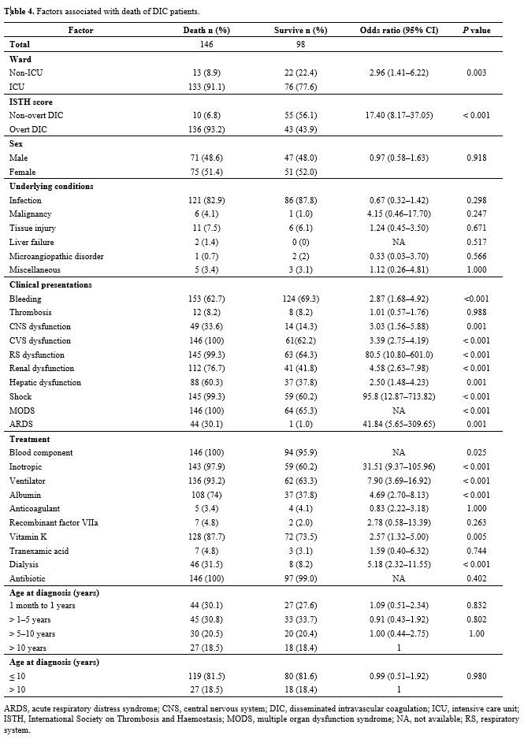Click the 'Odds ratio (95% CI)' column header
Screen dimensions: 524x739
pyautogui.click(x=399, y=30)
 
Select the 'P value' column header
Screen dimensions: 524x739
pyautogui.click(x=476, y=30)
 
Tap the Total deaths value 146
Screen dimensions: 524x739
pyautogui.click(x=206, y=44)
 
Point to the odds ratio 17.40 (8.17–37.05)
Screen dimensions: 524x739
pyautogui.click(x=399, y=115)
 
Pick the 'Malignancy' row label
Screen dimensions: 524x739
pyautogui.click(x=30, y=214)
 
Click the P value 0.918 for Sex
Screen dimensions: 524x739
pyautogui.click(x=477, y=158)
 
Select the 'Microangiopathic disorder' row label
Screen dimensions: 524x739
pyautogui.click(x=57, y=256)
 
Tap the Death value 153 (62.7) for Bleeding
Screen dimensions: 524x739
pyautogui.click(x=206, y=299)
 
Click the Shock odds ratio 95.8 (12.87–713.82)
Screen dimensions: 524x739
pyautogui.click(x=399, y=397)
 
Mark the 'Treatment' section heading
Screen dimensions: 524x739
pyautogui.click(x=30, y=440)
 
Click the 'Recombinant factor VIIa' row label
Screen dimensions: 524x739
pyautogui.click(x=54, y=522)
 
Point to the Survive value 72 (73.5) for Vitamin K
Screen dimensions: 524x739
pyautogui.click(x=301, y=537)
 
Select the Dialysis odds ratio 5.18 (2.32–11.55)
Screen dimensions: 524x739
pyautogui.click(x=399, y=565)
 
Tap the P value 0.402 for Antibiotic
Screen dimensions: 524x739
pyautogui.click(x=477, y=579)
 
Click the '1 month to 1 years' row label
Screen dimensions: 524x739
pyautogui.click(x=42, y=606)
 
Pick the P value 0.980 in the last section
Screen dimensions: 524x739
pyautogui.click(x=477, y=676)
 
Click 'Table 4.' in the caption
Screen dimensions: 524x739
pyautogui.click(x=18, y=12)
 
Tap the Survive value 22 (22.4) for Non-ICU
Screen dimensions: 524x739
pyautogui.click(x=301, y=72)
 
